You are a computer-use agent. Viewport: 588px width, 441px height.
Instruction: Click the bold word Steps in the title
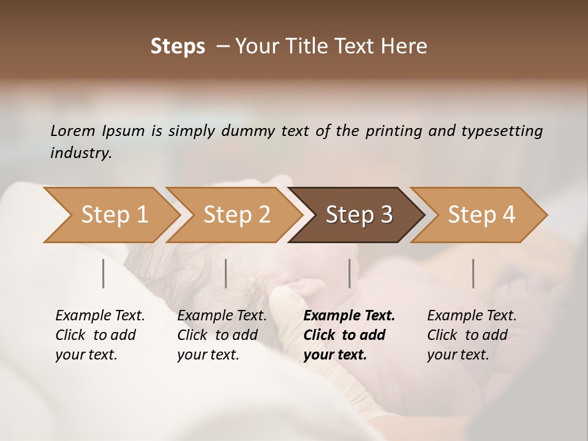point(178,47)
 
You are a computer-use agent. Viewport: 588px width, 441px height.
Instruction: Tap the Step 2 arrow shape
point(236,215)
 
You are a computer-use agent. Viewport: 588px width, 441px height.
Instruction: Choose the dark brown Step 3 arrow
point(358,215)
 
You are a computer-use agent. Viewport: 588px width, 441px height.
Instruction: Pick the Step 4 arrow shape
point(481,215)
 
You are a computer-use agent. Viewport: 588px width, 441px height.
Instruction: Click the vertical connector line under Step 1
point(104,273)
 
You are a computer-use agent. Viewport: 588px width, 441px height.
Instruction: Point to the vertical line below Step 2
point(226,273)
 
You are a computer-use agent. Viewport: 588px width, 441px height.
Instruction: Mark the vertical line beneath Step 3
point(349,273)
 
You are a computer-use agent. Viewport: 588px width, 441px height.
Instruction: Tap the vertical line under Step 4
point(473,273)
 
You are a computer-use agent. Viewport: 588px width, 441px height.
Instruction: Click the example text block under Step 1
point(100,335)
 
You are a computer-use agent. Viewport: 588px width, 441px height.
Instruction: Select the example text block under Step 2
point(222,335)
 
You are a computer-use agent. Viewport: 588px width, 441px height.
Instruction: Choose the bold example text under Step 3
point(349,335)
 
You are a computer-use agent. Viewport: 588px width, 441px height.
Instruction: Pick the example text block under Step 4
point(472,335)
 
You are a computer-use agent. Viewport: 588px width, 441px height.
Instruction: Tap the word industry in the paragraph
point(80,153)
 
